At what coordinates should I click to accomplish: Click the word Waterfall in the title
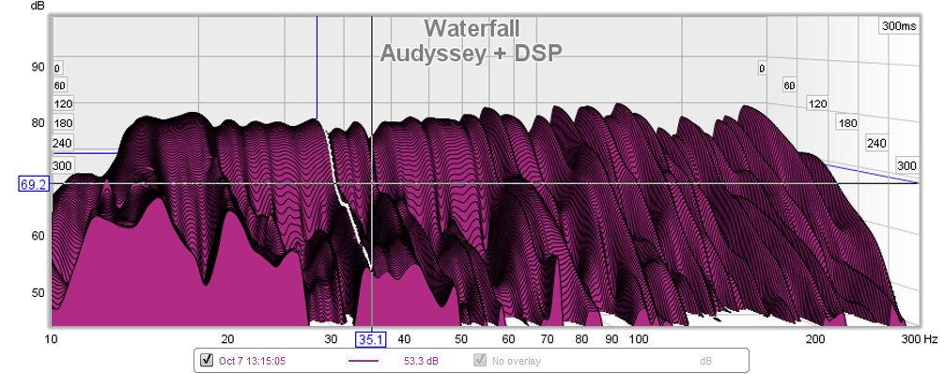(x=472, y=28)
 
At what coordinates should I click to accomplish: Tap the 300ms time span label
(x=898, y=26)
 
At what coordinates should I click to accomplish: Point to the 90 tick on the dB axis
(x=38, y=67)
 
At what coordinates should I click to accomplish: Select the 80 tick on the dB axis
(x=38, y=123)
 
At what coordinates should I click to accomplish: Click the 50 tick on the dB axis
(x=38, y=292)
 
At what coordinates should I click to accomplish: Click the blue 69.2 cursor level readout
(x=33, y=184)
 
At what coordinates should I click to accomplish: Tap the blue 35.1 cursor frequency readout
(x=370, y=339)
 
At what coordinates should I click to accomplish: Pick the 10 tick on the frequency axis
(x=51, y=339)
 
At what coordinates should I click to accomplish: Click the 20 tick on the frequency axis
(x=227, y=339)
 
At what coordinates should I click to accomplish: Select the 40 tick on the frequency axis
(x=404, y=339)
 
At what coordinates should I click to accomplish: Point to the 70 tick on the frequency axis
(x=547, y=339)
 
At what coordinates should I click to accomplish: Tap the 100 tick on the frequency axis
(x=638, y=339)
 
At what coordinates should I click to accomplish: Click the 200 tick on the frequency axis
(x=815, y=339)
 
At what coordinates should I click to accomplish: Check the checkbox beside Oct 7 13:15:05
(x=207, y=360)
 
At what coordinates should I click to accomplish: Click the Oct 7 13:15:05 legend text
(x=253, y=362)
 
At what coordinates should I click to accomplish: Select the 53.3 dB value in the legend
(x=421, y=362)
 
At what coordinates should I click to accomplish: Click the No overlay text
(x=516, y=362)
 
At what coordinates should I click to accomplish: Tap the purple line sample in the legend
(x=364, y=361)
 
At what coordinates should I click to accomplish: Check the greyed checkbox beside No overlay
(x=480, y=360)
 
